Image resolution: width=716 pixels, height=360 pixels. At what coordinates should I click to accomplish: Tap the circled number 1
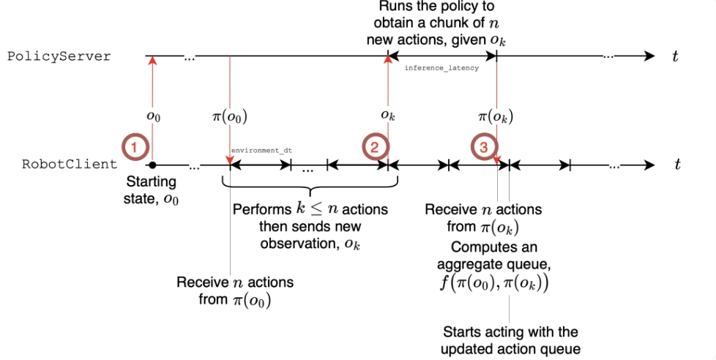133,147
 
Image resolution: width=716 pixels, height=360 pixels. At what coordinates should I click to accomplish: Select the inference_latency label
441,68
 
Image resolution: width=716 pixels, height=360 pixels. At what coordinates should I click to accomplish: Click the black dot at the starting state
152,165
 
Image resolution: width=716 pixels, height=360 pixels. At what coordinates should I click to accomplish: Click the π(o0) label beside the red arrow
232,115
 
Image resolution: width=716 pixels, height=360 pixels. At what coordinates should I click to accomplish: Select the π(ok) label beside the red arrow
496,115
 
